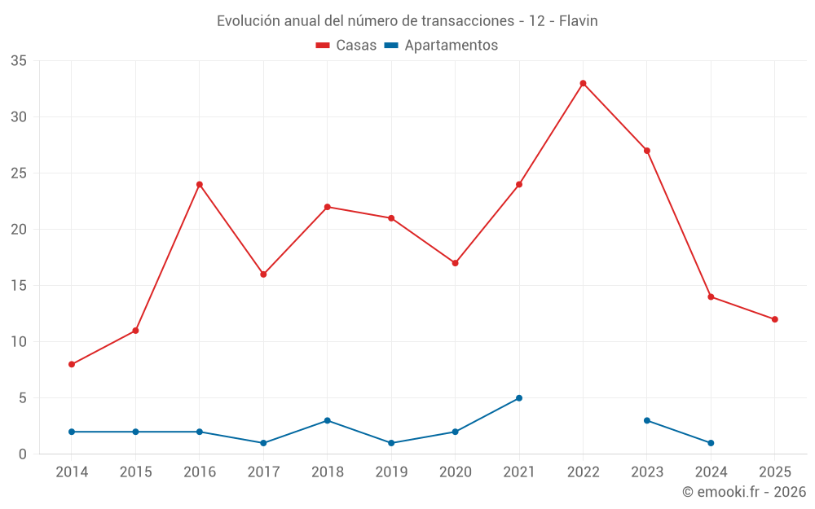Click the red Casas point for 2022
[x=583, y=83]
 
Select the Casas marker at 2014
[x=72, y=364]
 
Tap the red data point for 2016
[x=200, y=184]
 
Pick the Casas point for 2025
[x=774, y=319]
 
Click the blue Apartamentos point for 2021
[x=519, y=398]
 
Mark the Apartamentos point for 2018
[x=328, y=420]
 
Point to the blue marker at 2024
[x=711, y=443]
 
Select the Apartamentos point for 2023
[x=647, y=420]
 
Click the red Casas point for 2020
[x=455, y=263]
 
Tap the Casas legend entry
[x=346, y=46]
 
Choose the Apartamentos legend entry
[x=441, y=46]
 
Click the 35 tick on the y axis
[x=19, y=61]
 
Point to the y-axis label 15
[x=19, y=286]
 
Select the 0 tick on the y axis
[x=23, y=454]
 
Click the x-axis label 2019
[x=391, y=472]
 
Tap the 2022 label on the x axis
[x=583, y=472]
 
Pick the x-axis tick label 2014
[x=72, y=472]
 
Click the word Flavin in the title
[x=578, y=21]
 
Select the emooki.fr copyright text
[x=743, y=492]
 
